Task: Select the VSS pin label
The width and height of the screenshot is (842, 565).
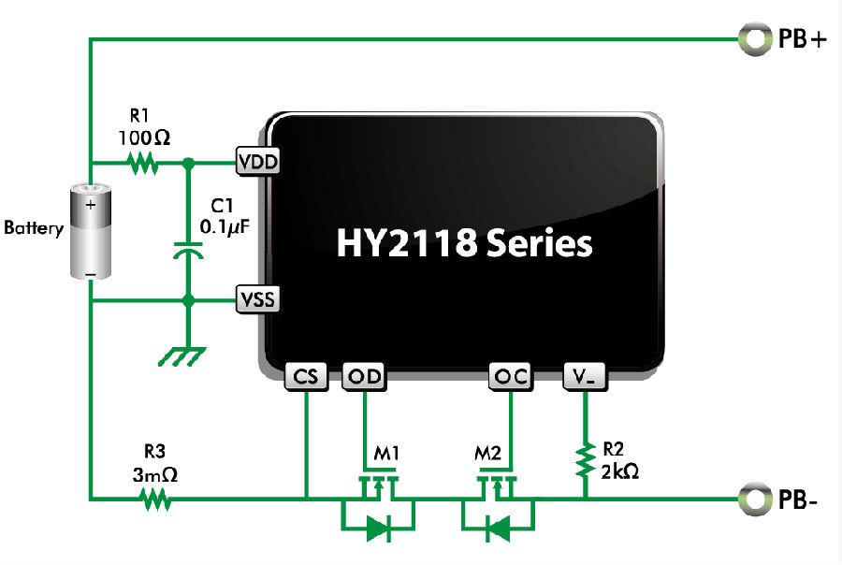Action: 257,299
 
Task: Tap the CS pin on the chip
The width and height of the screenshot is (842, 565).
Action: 306,377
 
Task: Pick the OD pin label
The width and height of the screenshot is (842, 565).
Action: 364,377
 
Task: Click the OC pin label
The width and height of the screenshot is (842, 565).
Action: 511,377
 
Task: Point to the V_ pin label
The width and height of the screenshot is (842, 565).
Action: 586,377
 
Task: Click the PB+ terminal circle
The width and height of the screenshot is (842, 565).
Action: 753,39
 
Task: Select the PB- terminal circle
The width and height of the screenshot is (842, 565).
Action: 753,499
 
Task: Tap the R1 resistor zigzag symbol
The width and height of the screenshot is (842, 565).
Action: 141,164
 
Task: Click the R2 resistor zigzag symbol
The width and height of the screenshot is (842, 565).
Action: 586,459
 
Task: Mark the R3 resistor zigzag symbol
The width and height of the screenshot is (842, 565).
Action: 156,498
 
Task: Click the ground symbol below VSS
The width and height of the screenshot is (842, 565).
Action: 183,356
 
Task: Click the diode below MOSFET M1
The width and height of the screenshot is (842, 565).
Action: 378,529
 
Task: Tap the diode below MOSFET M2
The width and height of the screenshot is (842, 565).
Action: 498,529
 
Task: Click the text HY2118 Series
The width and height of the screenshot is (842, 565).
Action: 464,243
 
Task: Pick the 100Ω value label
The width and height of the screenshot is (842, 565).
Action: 145,138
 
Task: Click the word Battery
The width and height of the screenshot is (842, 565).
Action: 34,227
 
